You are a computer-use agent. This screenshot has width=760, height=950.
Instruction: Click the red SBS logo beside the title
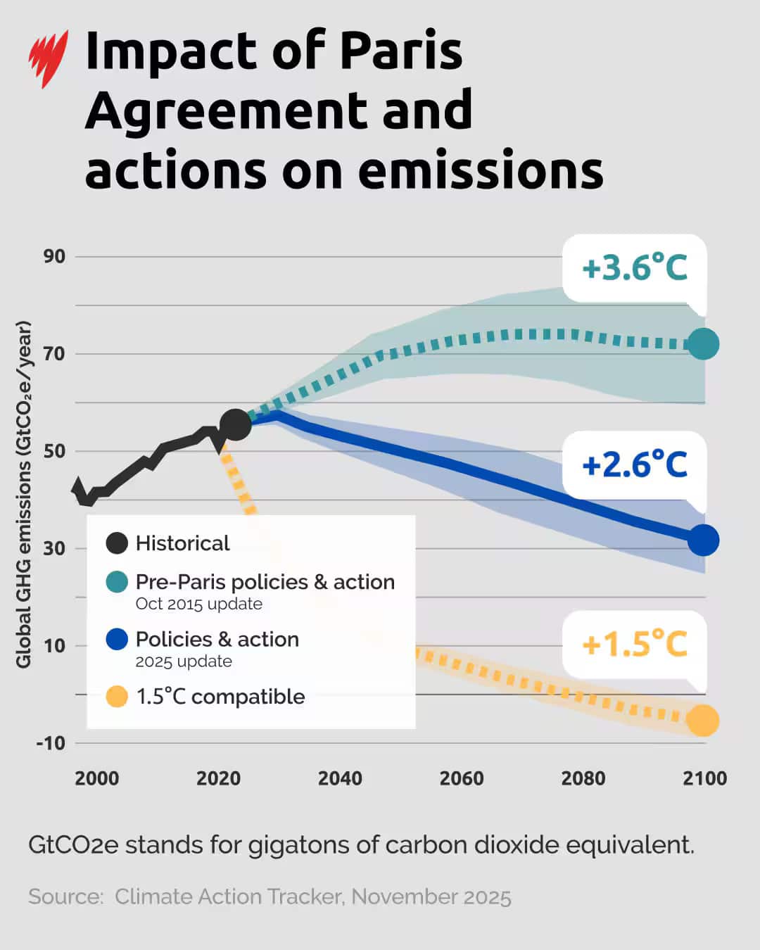48,58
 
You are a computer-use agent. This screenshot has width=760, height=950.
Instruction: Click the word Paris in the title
401,51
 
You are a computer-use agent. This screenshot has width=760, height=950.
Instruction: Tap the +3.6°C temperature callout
634,268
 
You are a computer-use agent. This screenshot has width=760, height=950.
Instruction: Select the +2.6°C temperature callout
634,465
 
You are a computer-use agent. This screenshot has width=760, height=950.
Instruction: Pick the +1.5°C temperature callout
634,644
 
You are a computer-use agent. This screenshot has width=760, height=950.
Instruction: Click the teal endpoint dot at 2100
702,343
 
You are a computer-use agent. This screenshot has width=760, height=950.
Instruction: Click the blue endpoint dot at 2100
702,540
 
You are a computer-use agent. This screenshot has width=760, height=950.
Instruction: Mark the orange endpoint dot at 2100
702,720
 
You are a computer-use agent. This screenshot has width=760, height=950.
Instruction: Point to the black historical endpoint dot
236,424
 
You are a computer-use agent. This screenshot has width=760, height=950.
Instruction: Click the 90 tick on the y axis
54,256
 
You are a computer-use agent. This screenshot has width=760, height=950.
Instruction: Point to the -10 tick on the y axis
51,742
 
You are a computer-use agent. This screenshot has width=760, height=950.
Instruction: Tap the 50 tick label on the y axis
54,451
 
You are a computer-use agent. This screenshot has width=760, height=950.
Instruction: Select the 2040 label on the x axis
340,778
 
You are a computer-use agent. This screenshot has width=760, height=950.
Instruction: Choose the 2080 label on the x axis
583,778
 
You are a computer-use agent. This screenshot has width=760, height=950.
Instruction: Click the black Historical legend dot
117,543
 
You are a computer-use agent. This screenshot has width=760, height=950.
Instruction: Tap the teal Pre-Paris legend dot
117,582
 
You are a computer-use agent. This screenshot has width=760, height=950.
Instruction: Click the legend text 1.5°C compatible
220,697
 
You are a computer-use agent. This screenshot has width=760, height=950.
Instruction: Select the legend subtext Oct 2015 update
199,604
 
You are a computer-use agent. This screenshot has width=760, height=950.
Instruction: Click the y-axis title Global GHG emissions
24,494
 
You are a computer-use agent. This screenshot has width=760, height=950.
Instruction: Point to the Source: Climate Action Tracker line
270,897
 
